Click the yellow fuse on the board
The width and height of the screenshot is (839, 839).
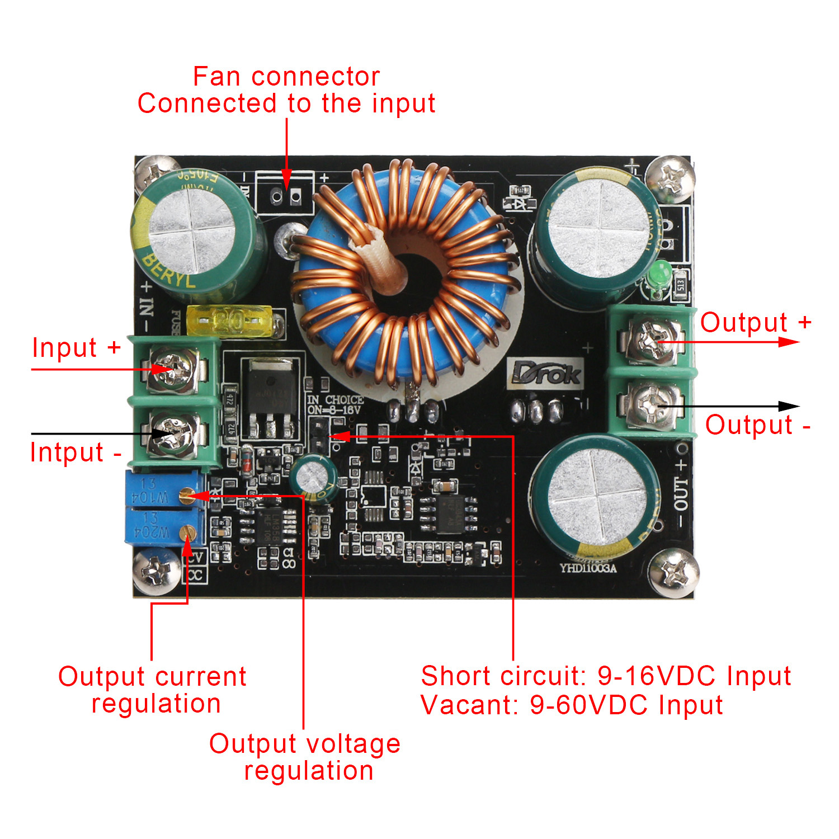(230, 322)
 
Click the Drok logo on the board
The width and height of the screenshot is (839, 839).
(545, 374)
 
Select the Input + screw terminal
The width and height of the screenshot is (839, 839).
(173, 369)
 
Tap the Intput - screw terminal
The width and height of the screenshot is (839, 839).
(173, 433)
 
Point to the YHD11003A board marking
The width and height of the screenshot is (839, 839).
(588, 568)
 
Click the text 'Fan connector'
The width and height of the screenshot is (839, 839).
(286, 77)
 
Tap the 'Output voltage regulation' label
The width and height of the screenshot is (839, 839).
(305, 757)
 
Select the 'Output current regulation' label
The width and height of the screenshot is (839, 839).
(153, 690)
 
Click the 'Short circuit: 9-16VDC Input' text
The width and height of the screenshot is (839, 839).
(606, 676)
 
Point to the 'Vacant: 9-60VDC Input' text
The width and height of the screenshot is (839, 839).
(571, 705)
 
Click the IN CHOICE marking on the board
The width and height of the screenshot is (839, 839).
(335, 399)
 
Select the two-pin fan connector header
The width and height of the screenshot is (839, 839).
(285, 196)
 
